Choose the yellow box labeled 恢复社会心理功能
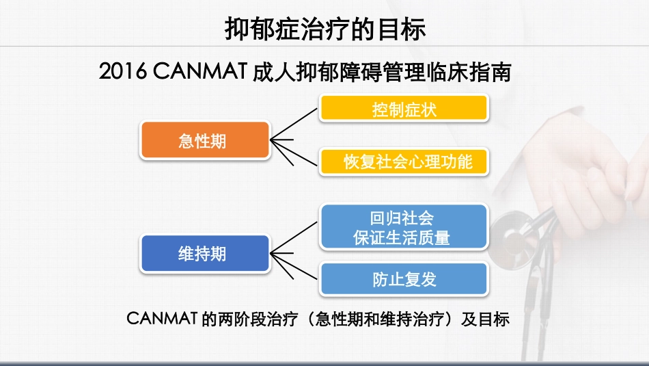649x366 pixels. [x=404, y=161]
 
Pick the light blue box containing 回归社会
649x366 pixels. [x=404, y=219]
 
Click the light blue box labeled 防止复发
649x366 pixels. [x=404, y=279]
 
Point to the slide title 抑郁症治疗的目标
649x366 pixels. [x=324, y=29]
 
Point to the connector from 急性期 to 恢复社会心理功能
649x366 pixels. [x=295, y=151]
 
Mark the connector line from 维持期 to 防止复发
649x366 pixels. [x=295, y=267]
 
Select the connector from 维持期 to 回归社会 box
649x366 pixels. [x=295, y=239]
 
